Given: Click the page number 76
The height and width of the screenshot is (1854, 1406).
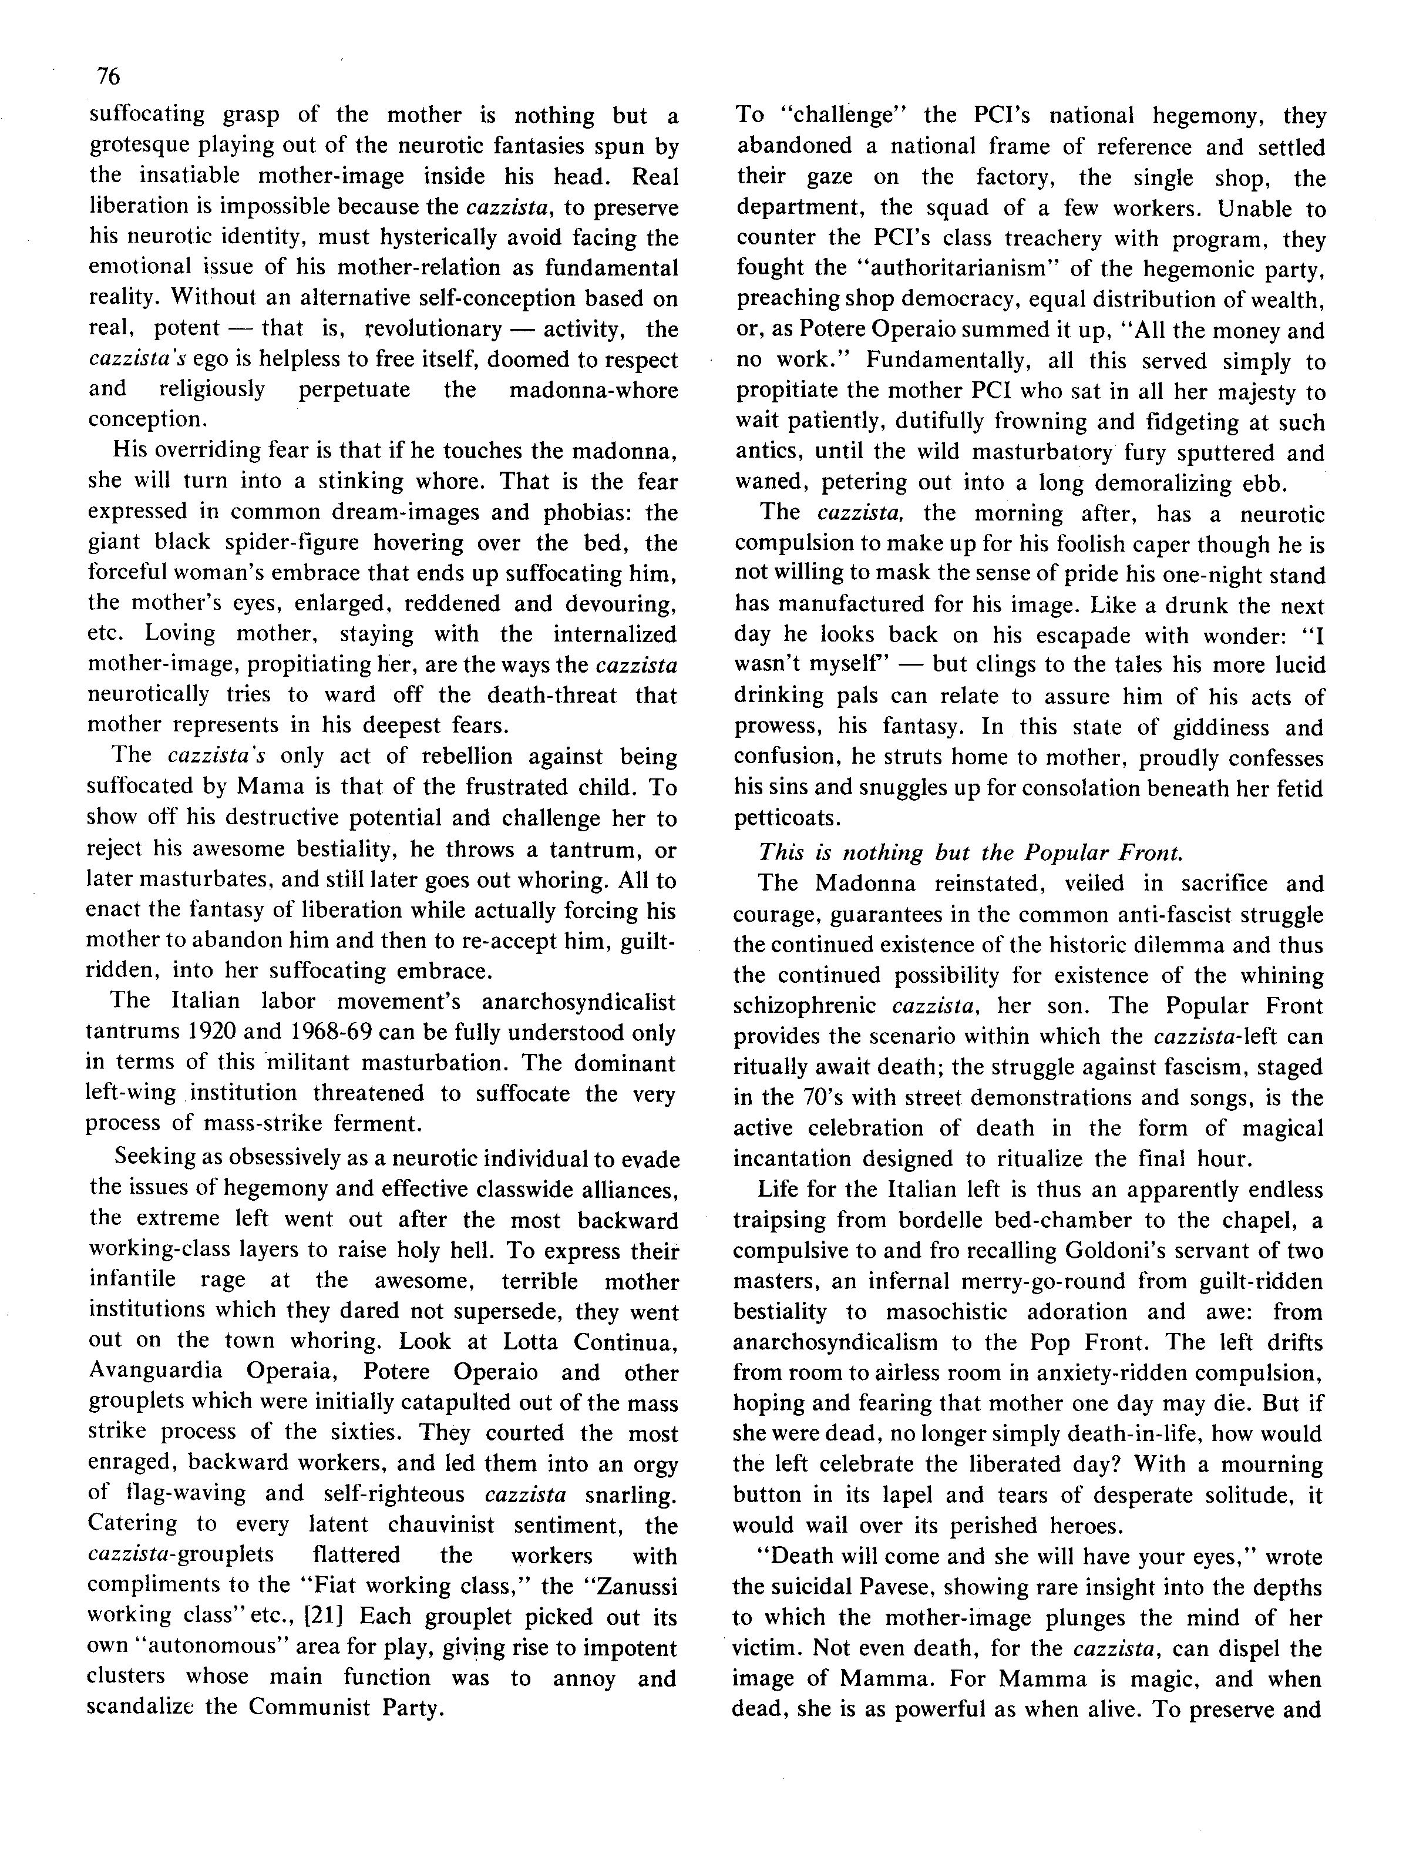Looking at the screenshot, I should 109,76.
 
